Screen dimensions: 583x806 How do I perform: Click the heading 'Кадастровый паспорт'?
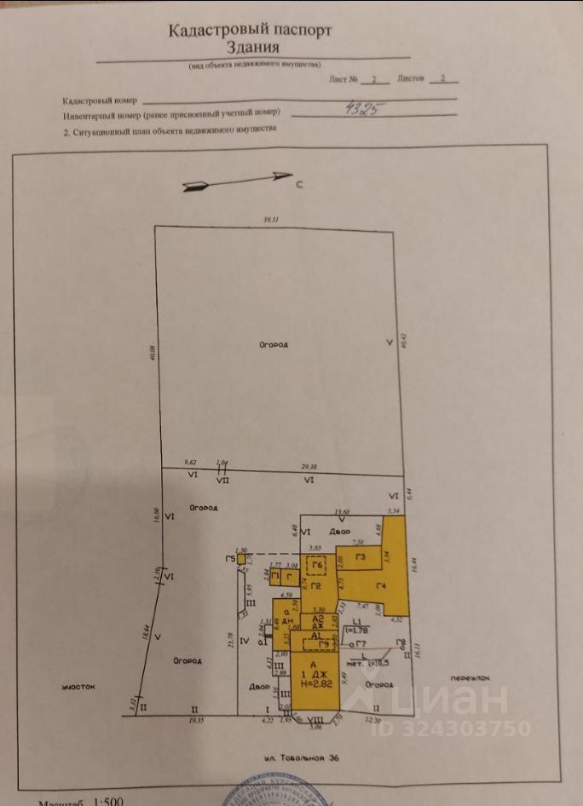click(250, 30)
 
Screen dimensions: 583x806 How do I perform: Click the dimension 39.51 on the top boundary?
click(271, 221)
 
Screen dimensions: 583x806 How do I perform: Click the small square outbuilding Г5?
click(241, 560)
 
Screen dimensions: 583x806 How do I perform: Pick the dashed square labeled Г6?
click(317, 566)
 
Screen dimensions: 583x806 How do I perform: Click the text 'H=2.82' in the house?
click(315, 682)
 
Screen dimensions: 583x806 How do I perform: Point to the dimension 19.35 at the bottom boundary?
click(194, 720)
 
